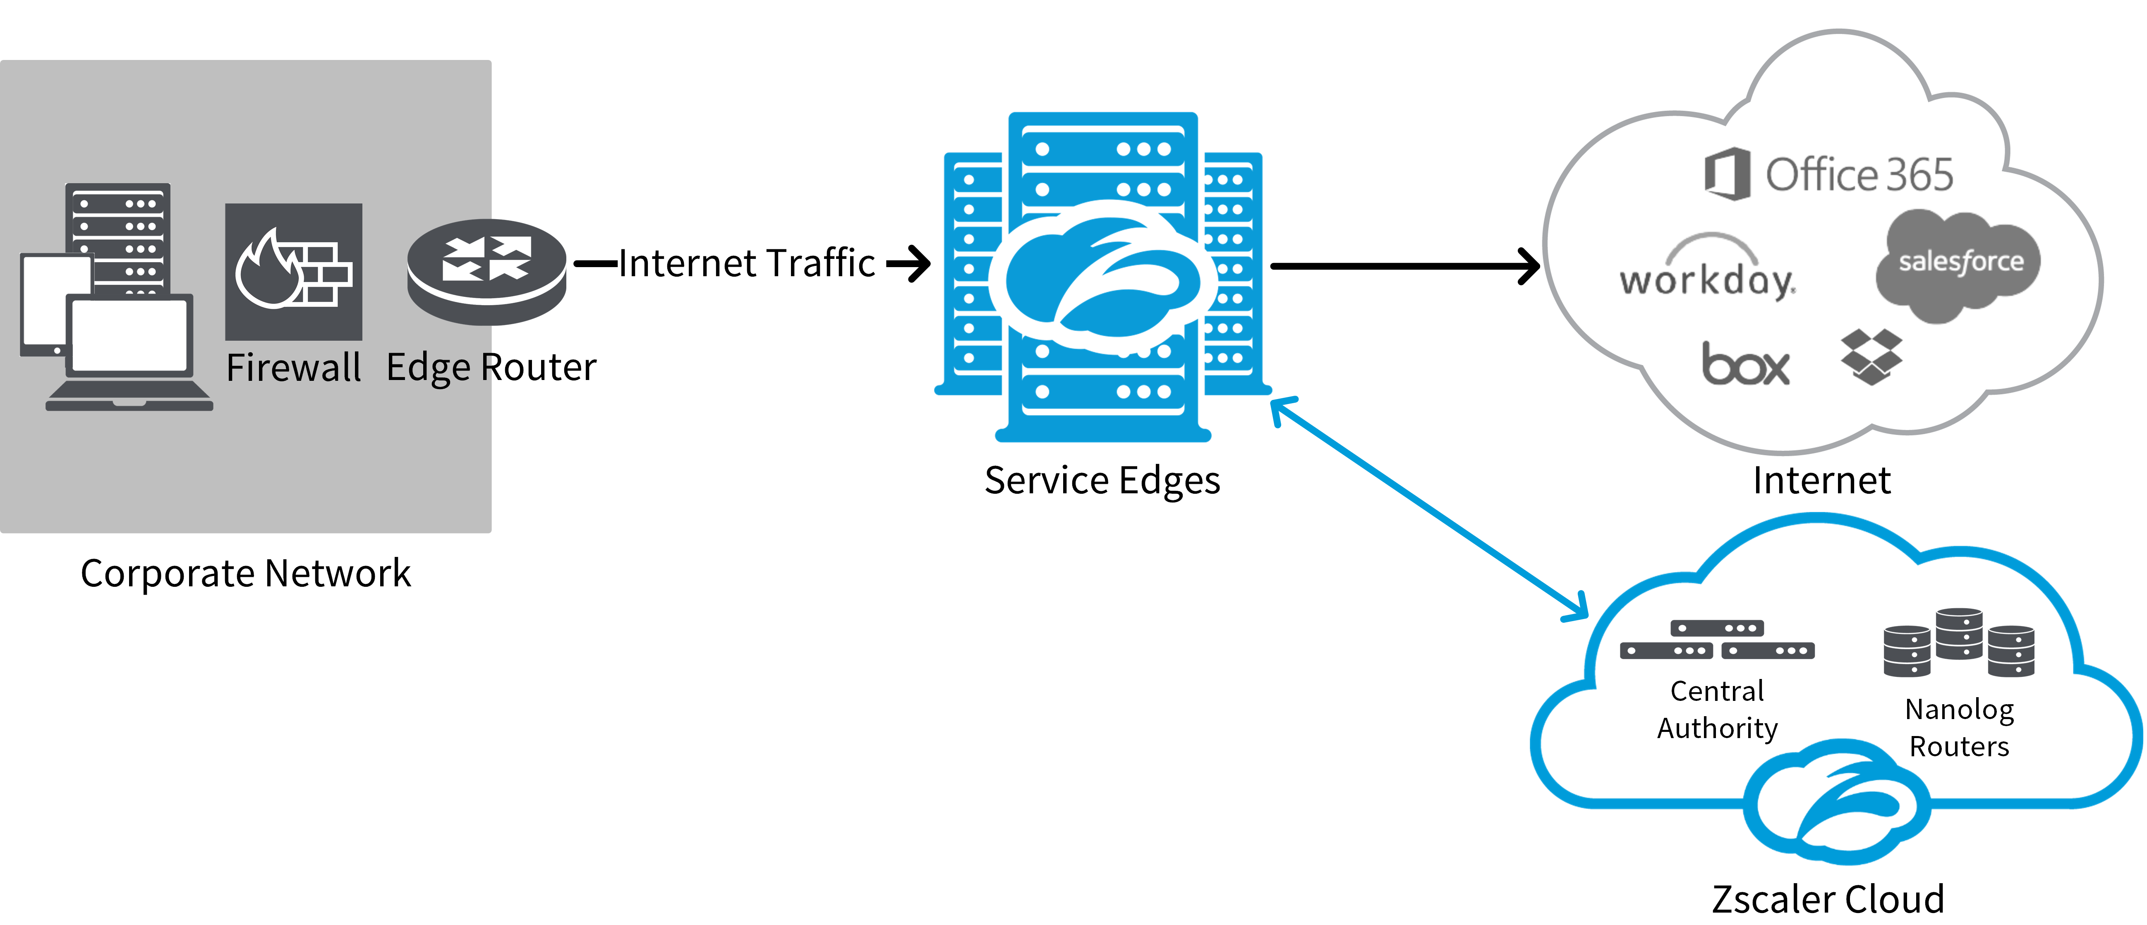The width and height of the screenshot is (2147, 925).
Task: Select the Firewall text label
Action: (293, 368)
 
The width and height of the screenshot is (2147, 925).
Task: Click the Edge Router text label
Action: (491, 368)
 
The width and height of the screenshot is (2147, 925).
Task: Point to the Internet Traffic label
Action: (746, 263)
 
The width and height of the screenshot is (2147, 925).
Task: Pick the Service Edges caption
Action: (1102, 481)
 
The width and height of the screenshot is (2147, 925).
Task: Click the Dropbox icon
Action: (1871, 357)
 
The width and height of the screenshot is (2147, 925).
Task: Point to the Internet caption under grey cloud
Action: (1821, 481)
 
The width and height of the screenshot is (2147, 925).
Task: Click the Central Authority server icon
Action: (1717, 640)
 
